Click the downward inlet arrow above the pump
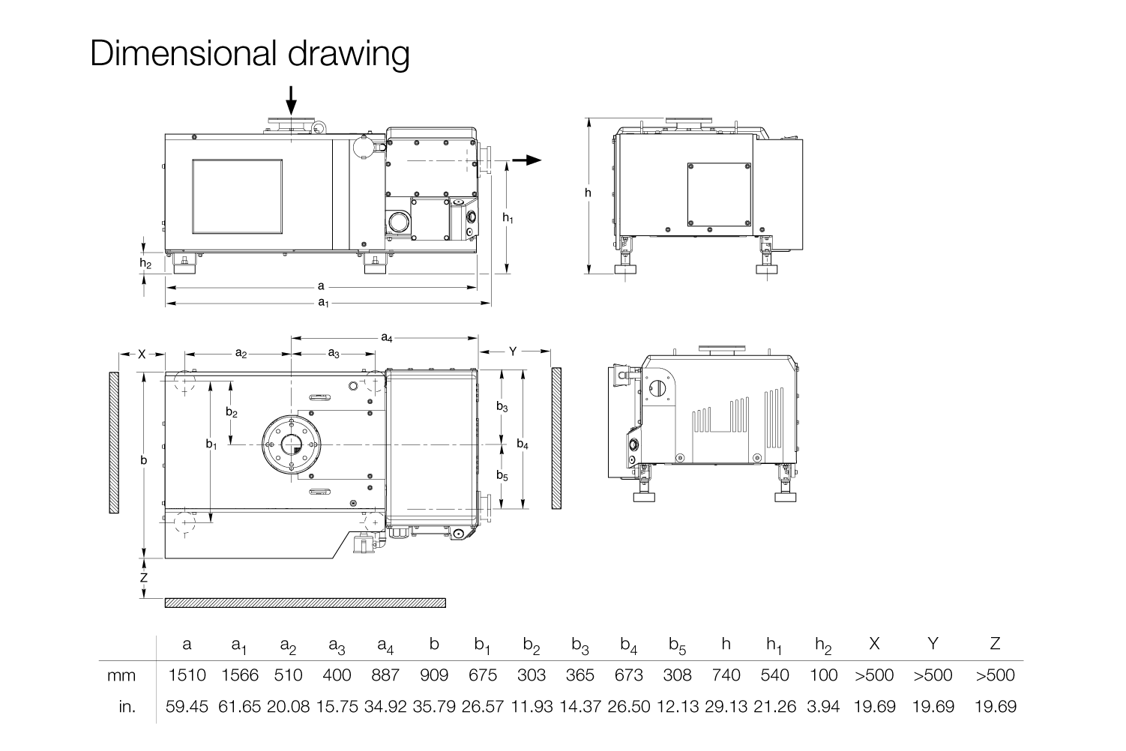292,100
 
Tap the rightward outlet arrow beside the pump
528,160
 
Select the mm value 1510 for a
187,675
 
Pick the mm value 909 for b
434,675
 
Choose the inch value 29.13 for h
726,706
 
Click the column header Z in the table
995,643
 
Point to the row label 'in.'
127,706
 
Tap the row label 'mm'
121,675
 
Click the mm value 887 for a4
385,675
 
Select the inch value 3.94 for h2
824,706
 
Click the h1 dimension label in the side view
508,217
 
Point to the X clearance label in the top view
142,354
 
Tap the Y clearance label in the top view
513,351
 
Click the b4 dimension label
523,444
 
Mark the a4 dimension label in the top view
386,338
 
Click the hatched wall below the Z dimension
304,603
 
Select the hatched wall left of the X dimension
114,442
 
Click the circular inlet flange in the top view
292,444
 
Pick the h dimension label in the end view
588,193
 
